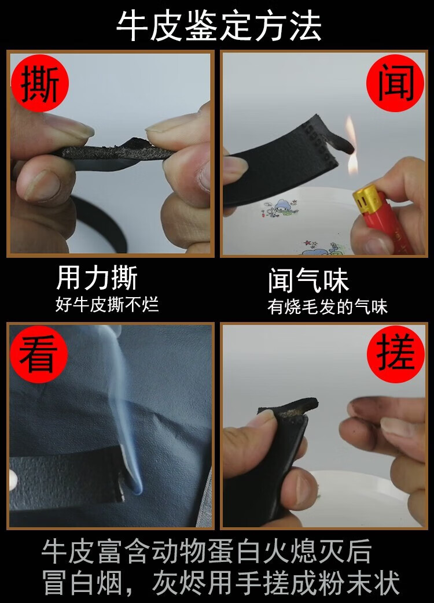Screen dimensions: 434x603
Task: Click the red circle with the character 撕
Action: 39,83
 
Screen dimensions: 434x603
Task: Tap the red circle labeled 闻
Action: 395,83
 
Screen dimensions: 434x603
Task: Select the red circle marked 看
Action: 39,354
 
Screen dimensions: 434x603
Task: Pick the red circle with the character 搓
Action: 396,354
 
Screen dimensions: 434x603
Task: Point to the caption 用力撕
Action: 97,278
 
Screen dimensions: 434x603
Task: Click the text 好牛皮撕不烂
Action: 108,305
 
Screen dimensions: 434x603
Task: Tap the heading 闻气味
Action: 308,281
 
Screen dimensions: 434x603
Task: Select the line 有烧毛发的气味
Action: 328,307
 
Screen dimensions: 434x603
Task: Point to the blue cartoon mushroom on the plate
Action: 283,208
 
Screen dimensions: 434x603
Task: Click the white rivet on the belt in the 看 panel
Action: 13,479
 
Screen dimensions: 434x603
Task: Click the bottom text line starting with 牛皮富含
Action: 207,551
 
